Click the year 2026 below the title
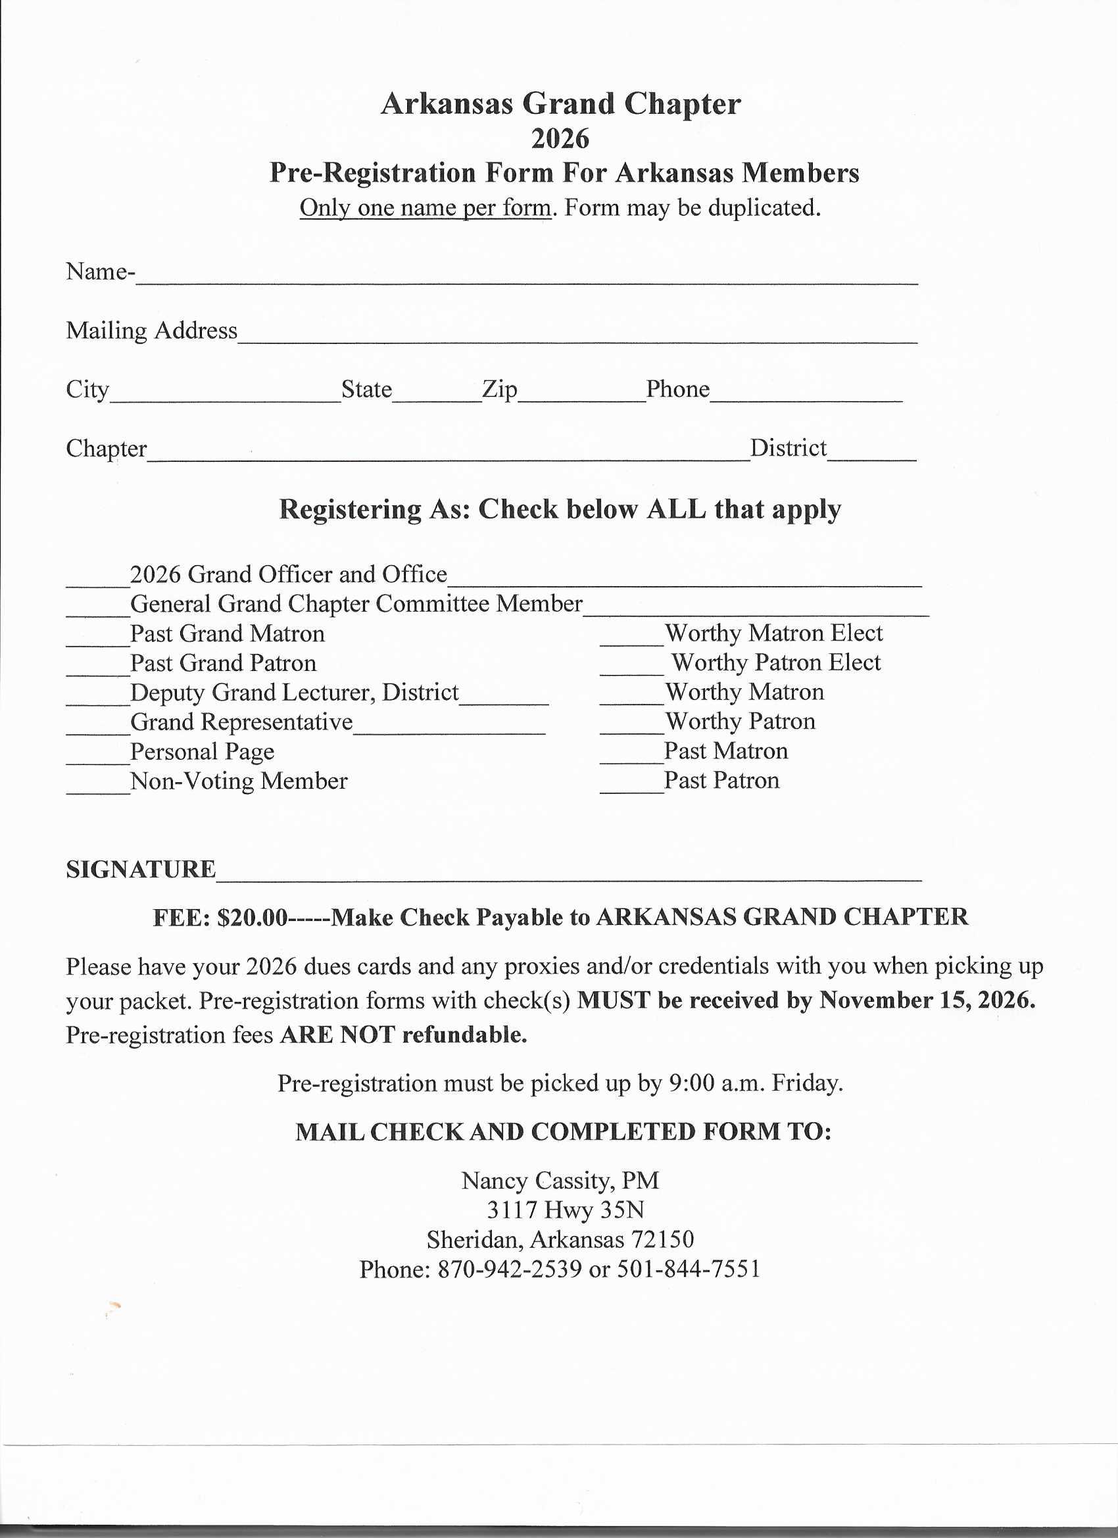[x=560, y=139]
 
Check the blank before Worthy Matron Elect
[x=631, y=637]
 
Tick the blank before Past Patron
[x=631, y=785]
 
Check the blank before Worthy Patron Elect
[x=631, y=667]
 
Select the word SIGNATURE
[x=141, y=870]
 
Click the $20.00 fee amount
[x=253, y=918]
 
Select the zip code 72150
[x=662, y=1239]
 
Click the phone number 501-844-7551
[x=688, y=1269]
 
